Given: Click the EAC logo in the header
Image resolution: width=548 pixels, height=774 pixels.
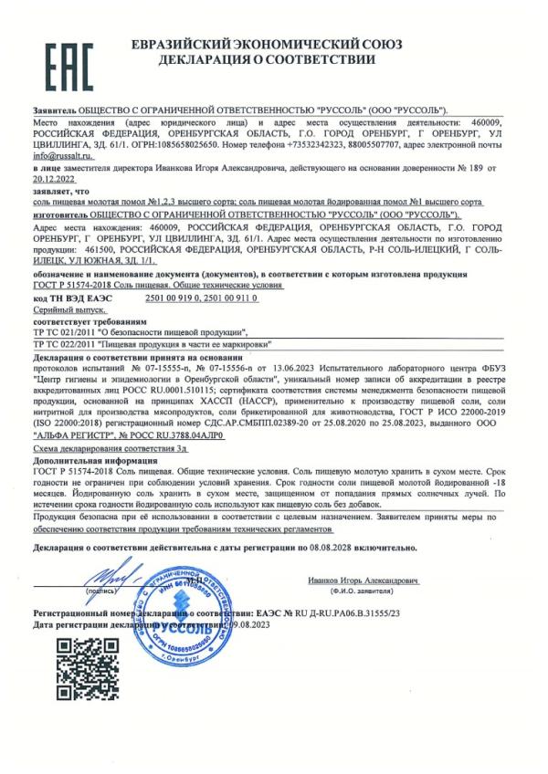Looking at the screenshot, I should click(68, 58).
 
